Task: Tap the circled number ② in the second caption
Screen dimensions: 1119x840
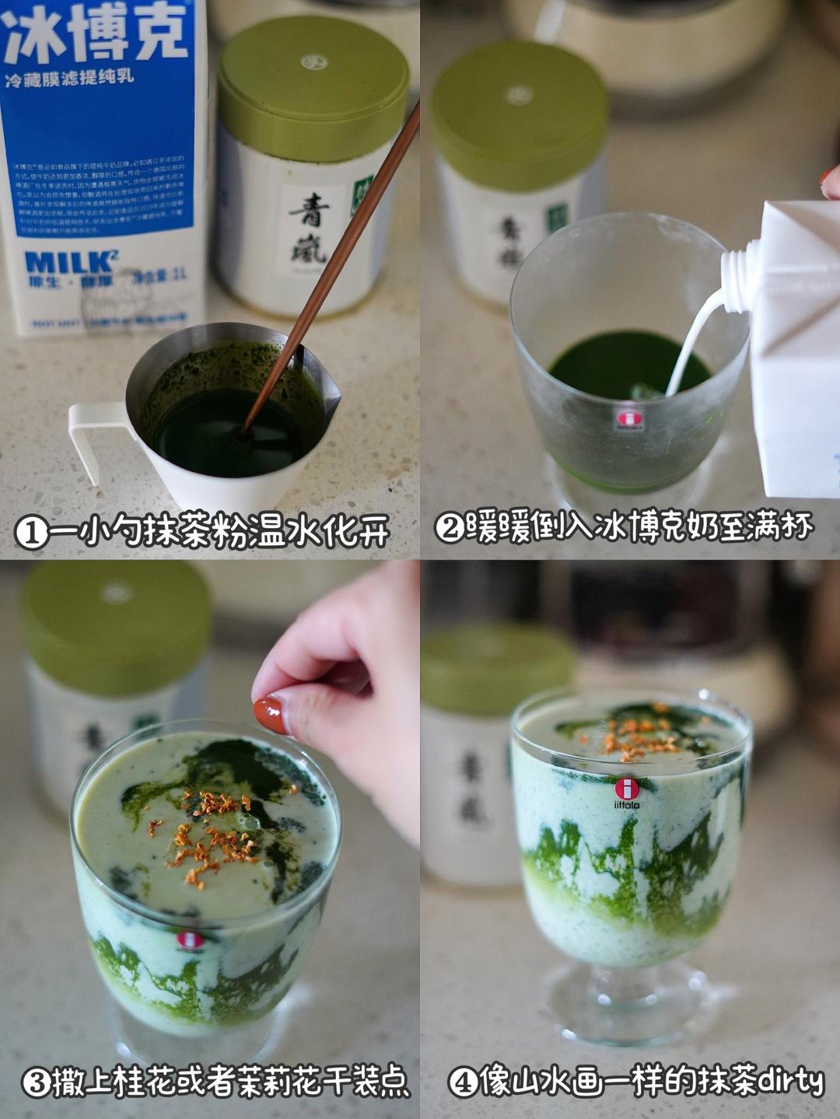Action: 450,528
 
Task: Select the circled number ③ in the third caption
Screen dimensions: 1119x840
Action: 36,1082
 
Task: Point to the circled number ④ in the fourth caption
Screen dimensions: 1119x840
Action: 463,1082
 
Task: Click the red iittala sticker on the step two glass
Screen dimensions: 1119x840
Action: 629,420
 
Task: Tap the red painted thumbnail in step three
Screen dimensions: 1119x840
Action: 270,714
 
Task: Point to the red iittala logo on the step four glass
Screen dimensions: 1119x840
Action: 627,789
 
